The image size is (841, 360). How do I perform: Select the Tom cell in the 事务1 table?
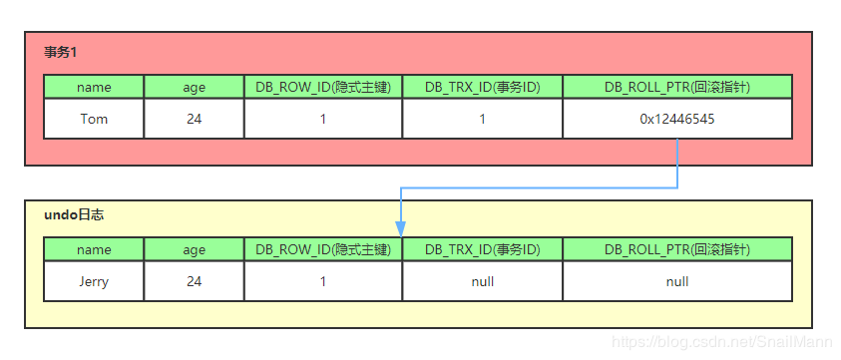coord(94,119)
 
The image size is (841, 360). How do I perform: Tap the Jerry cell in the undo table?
coord(94,281)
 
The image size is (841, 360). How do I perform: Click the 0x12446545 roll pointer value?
coord(677,119)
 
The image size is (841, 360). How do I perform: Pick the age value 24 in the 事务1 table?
coord(194,119)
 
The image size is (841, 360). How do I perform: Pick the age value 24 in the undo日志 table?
coord(194,281)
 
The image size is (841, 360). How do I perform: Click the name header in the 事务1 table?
coord(94,87)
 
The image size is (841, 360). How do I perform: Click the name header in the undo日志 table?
coord(94,249)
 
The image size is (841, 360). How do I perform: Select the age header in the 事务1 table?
coord(194,87)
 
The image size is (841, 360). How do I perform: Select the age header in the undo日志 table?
coord(194,249)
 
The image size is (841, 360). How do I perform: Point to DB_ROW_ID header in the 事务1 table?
coord(323,87)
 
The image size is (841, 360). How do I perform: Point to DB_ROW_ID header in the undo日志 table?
coord(323,249)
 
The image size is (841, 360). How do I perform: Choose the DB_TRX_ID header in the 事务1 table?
coord(483,87)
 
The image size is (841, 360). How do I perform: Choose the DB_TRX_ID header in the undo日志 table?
coord(483,249)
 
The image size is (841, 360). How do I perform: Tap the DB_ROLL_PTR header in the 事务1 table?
coord(677,87)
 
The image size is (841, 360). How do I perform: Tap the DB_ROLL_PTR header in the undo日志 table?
coord(677,249)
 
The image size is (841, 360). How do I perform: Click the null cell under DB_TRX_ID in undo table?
coord(483,281)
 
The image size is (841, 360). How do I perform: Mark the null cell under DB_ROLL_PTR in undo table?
coord(677,281)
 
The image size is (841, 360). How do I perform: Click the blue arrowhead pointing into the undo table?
coord(401,229)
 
